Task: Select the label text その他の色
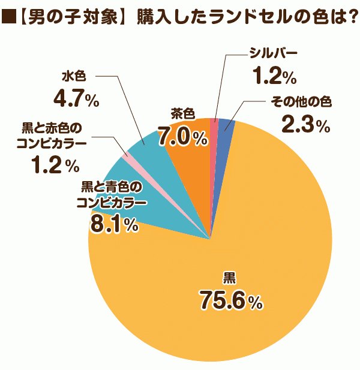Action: (x=301, y=102)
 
